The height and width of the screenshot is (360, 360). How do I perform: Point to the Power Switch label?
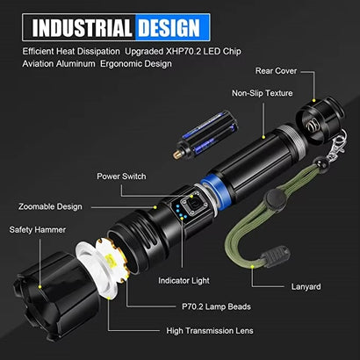122,176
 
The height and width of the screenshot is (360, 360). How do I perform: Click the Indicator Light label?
184,280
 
